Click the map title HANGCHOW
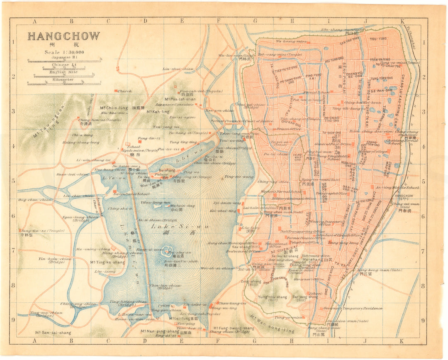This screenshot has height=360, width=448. [63, 36]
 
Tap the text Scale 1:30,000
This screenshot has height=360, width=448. [64, 52]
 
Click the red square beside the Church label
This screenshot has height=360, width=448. [116, 91]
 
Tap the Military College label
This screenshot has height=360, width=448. [373, 152]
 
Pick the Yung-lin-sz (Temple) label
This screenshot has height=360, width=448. [40, 230]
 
